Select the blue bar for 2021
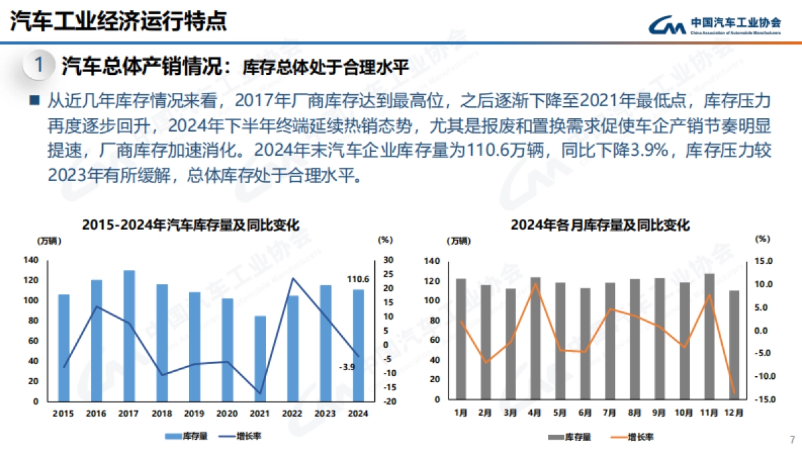tap(260, 359)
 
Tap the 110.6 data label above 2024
tap(358, 279)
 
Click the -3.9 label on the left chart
tap(347, 367)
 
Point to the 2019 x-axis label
tap(194, 414)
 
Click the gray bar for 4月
tap(535, 338)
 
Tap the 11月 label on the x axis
tap(709, 413)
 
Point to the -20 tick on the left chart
tap(388, 402)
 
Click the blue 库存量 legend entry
tap(187, 436)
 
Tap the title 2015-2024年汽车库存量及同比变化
tap(190, 225)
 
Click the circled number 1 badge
tap(39, 65)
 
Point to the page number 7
tap(792, 439)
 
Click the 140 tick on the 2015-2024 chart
tap(31, 260)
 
